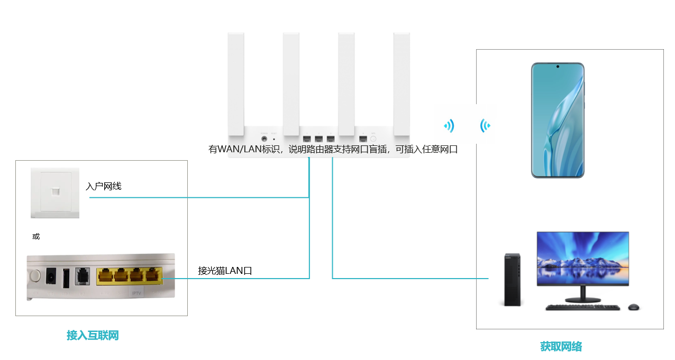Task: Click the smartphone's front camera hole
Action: pos(557,67)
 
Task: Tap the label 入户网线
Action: pos(104,186)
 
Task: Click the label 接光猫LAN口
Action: pos(225,271)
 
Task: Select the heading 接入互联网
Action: pos(93,335)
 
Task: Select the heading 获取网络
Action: pos(561,347)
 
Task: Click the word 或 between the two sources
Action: pos(36,236)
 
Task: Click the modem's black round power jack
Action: pos(52,275)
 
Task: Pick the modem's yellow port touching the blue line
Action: pos(153,275)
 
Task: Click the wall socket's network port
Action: pos(55,191)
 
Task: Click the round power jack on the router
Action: pos(263,139)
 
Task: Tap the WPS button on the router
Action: pos(373,139)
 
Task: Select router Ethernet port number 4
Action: pos(363,139)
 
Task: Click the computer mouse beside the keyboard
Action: pos(633,307)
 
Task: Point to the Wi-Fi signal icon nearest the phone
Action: pos(485,126)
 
